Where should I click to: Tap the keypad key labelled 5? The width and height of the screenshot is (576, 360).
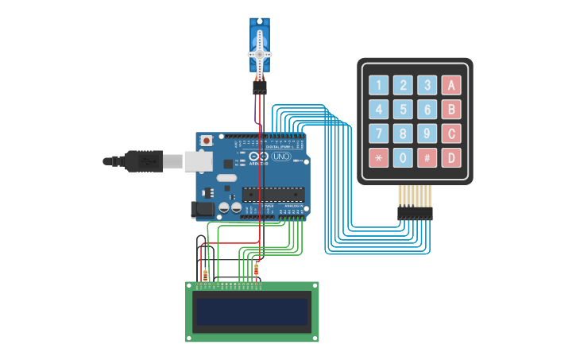[x=403, y=110]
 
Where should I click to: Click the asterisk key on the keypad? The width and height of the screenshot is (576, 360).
[x=379, y=157]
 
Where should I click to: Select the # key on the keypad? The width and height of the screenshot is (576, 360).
[x=427, y=157]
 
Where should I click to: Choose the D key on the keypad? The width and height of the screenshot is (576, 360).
[x=451, y=157]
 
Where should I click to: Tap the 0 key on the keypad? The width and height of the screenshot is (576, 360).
[x=403, y=157]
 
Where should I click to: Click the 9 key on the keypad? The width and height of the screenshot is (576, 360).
[x=427, y=134]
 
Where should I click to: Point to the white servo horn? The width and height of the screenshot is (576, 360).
[x=260, y=54]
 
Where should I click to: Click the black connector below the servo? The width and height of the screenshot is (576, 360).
[x=260, y=89]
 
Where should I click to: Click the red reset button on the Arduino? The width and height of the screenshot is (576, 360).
[x=207, y=141]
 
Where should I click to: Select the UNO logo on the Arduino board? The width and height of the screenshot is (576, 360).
[x=281, y=157]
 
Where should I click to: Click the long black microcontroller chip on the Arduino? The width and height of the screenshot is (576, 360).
[x=273, y=195]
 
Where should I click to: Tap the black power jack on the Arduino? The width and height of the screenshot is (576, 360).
[x=201, y=209]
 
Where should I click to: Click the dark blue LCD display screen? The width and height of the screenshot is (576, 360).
[x=253, y=312]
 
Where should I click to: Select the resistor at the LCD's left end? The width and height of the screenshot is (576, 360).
[x=206, y=275]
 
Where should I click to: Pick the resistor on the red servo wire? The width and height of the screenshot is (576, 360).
[x=256, y=269]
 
